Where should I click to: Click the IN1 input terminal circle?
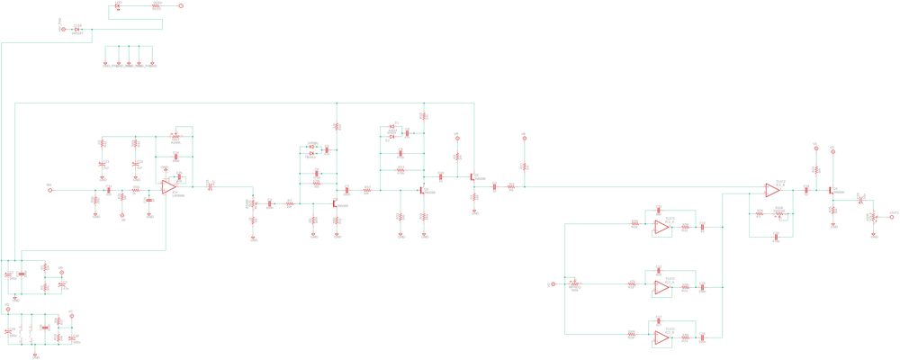point(50,190)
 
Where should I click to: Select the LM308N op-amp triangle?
point(168,187)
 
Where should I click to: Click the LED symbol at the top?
point(118,6)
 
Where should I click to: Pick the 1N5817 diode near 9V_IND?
point(77,30)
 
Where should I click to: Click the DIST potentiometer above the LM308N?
point(175,139)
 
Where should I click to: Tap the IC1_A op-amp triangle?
point(661,228)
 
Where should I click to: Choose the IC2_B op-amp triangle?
point(661,337)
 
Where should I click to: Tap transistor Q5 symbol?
point(472,176)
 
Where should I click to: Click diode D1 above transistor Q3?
point(392,127)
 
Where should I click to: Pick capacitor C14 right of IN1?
point(108,190)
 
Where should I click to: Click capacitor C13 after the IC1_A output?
point(702,228)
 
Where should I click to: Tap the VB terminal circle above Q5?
point(457,139)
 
